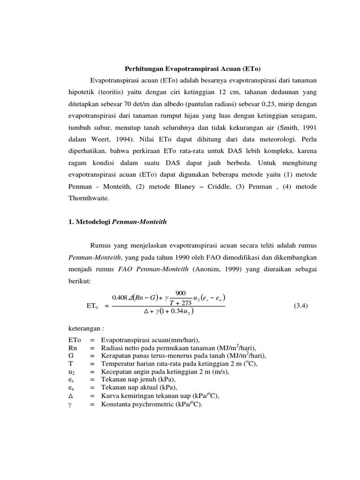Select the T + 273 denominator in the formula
(180, 302)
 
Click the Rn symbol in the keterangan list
(73, 347)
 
